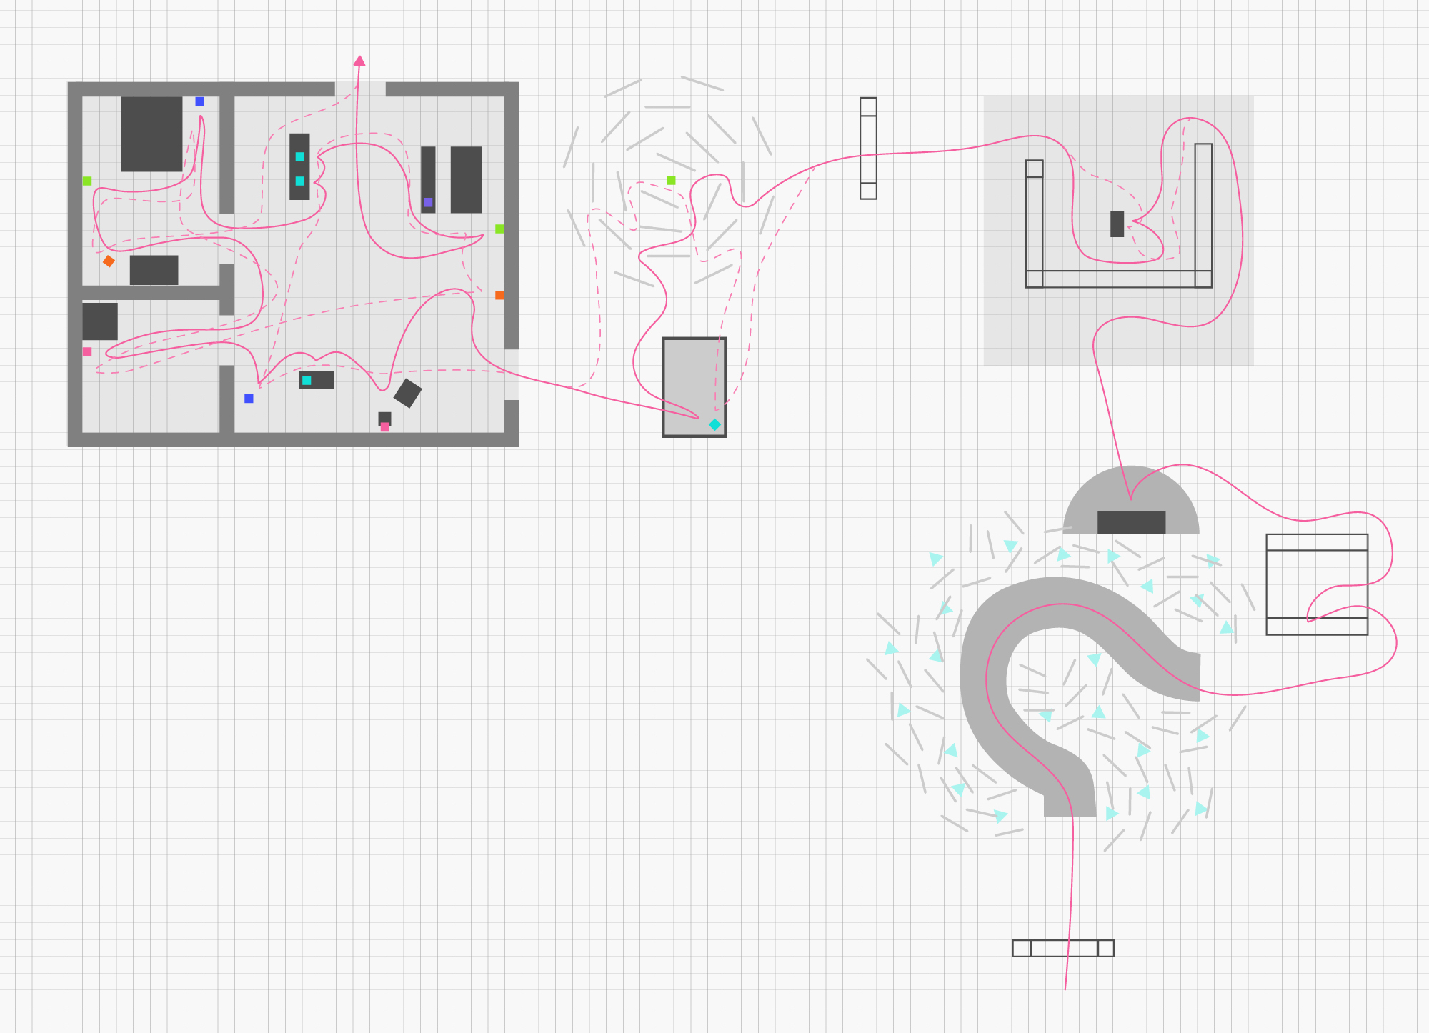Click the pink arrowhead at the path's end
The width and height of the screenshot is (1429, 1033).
(359, 61)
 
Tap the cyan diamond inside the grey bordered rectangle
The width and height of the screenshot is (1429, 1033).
(714, 424)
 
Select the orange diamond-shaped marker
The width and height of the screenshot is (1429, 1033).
(109, 261)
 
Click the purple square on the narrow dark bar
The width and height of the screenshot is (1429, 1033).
(428, 202)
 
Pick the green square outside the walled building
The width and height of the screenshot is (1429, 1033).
(671, 180)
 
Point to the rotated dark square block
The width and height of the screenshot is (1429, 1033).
(407, 393)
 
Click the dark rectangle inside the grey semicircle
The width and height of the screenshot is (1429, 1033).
(1131, 522)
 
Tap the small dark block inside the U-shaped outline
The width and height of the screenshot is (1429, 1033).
(1117, 224)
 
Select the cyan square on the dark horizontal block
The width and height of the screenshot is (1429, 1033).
(307, 380)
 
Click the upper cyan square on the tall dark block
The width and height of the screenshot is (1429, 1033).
(300, 156)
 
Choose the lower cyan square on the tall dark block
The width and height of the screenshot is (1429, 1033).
(300, 181)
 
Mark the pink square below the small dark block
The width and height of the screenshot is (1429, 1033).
(385, 427)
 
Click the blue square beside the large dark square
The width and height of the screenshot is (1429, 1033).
(199, 101)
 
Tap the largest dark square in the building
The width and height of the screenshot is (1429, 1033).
(151, 134)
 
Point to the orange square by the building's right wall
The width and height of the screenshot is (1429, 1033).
(499, 295)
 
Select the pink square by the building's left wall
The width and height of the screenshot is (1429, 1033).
(87, 351)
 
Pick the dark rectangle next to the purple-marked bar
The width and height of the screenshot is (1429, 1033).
(466, 179)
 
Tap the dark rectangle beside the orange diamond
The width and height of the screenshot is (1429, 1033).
(154, 270)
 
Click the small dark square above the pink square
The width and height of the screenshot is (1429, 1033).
(384, 417)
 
